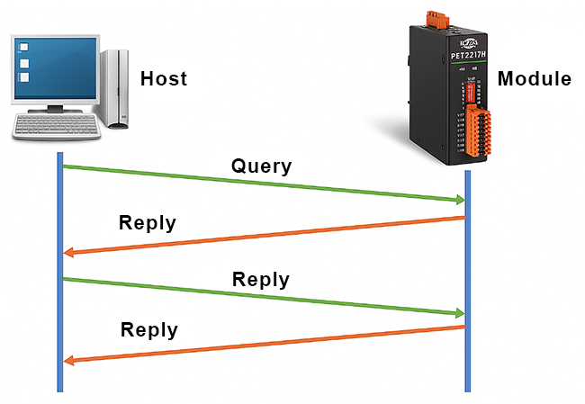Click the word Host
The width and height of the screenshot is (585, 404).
click(164, 79)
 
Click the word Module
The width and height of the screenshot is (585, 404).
click(534, 79)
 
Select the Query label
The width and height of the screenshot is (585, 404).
click(261, 166)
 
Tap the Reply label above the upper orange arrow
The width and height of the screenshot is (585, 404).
click(148, 223)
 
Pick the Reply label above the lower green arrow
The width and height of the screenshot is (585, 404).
click(261, 279)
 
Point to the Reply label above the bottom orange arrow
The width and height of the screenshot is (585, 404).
click(149, 329)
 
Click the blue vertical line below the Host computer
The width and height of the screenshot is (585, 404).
click(60, 270)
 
